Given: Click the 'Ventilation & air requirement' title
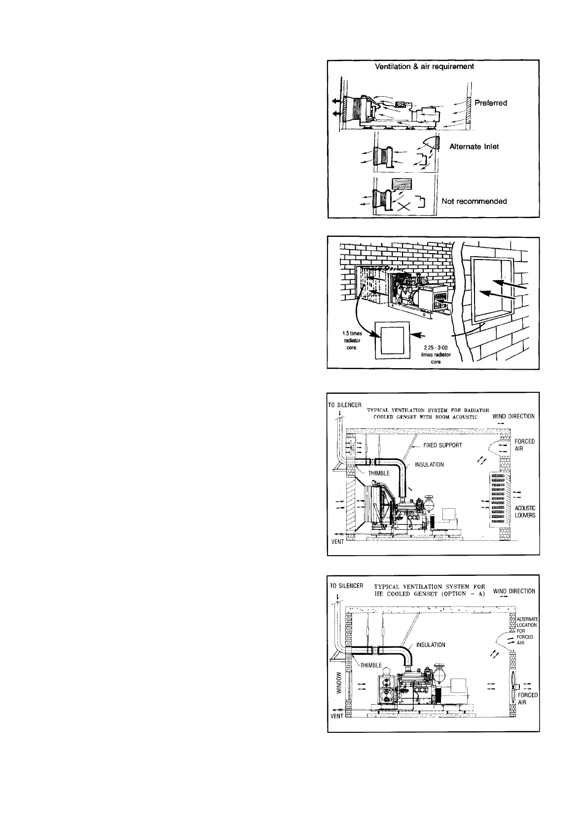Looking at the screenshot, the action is click(x=425, y=67).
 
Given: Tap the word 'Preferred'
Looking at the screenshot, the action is click(x=490, y=103).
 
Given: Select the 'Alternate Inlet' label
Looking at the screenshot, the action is click(x=474, y=147).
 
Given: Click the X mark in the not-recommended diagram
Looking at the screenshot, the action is click(x=404, y=207).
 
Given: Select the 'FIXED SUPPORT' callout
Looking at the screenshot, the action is click(x=442, y=445).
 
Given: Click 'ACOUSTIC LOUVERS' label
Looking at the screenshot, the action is click(x=525, y=512).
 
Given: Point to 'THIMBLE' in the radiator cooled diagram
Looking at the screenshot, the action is click(x=379, y=473).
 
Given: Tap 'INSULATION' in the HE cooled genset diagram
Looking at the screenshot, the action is click(x=431, y=645).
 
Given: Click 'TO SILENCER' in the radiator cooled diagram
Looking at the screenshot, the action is click(x=345, y=405).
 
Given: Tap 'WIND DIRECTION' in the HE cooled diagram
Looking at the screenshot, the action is click(x=514, y=591).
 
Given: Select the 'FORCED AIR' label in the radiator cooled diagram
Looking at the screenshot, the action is click(x=524, y=445).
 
